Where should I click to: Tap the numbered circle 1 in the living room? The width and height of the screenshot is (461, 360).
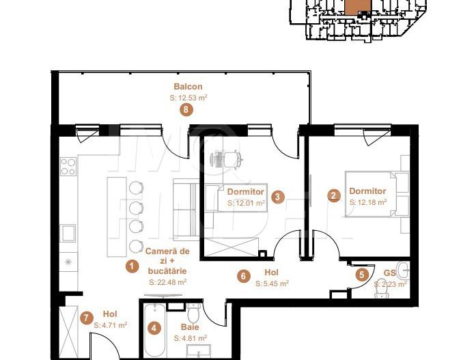pos(132,266)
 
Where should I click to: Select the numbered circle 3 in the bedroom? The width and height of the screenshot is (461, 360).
pos(277,197)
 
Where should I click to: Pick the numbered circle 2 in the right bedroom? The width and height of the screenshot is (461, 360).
pos(333,196)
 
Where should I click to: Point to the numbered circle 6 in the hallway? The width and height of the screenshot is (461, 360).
pos(243,277)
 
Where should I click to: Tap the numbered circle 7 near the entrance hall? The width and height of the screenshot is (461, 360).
pos(86,318)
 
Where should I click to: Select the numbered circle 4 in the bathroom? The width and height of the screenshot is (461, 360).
pos(155,329)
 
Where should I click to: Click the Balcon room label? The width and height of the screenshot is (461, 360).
pos(188,87)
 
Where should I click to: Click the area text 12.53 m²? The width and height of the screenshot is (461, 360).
pos(188,98)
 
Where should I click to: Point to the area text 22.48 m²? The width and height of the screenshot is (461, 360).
pos(168,281)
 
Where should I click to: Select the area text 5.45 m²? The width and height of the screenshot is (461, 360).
pos(272,283)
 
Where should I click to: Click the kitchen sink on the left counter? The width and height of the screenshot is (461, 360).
pos(68,234)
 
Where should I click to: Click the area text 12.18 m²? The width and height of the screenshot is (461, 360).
pos(368,202)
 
